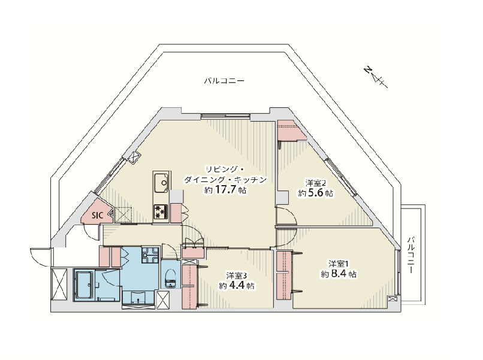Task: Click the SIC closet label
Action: pos(97,215)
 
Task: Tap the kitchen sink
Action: pos(161,183)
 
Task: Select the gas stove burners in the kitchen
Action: pos(161,211)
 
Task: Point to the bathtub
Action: pos(84,285)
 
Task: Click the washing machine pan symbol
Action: pos(150,255)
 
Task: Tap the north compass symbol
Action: pos(375,77)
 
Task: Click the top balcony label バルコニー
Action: pos(224,81)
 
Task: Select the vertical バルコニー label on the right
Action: pos(411,255)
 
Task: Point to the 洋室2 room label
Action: pos(316,183)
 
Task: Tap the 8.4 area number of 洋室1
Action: pos(339,274)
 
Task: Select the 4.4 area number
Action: pos(237,286)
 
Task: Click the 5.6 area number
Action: pos(315,193)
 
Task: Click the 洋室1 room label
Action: pos(339,264)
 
